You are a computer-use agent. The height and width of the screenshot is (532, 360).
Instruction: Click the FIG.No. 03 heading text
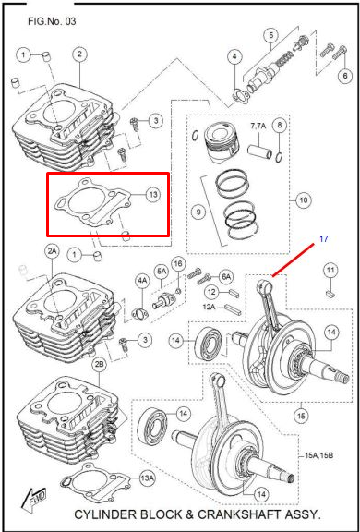tap(52, 22)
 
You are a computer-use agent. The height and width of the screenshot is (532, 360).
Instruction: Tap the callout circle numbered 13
tap(153, 194)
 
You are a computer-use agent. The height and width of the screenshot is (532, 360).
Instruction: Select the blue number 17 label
tap(324, 238)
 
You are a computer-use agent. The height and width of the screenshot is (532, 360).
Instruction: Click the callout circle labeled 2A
tap(53, 252)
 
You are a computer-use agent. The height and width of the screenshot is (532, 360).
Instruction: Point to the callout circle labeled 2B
tap(100, 365)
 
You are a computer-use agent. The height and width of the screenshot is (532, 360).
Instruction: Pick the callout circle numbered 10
tap(303, 199)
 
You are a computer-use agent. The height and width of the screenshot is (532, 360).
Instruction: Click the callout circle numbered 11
tap(330, 271)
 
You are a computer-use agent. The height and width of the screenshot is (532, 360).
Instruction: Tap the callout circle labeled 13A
tap(148, 478)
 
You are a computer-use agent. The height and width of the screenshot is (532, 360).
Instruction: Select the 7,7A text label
tap(258, 127)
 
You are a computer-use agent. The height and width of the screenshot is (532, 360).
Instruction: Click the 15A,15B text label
tap(318, 455)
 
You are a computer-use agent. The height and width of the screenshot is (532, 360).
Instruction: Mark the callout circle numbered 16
tap(178, 263)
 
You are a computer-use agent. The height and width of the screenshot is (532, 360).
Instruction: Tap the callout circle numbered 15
tap(302, 416)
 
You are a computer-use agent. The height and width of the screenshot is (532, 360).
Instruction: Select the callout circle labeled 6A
tap(226, 276)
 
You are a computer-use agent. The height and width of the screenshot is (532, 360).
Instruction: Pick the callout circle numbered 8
tap(280, 126)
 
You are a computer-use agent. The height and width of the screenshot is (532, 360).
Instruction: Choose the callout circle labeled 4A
tap(142, 281)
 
